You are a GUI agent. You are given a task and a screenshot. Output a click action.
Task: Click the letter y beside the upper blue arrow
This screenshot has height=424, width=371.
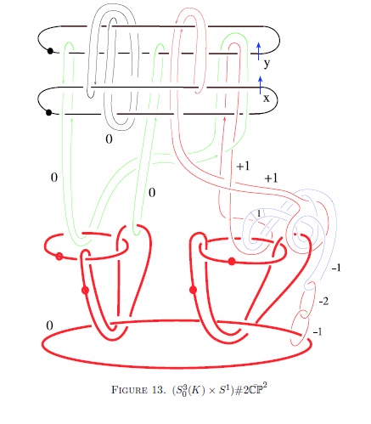pyautogui.click(x=267, y=64)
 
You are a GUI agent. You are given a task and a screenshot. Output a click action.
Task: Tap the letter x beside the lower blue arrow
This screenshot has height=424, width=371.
pyautogui.click(x=267, y=99)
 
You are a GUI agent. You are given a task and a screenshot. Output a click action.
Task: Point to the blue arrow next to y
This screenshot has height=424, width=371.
pyautogui.click(x=258, y=51)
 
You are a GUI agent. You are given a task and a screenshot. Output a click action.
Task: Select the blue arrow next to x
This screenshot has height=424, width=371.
pyautogui.click(x=261, y=85)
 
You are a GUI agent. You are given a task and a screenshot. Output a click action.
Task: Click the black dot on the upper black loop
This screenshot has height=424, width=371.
pyautogui.click(x=50, y=51)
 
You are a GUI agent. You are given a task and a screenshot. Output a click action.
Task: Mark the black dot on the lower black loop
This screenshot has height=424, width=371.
pyautogui.click(x=48, y=112)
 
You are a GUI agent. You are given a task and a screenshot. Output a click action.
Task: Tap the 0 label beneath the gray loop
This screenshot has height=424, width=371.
pyautogui.click(x=109, y=139)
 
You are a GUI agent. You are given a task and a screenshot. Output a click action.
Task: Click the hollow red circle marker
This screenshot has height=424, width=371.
pyautogui.click(x=59, y=257)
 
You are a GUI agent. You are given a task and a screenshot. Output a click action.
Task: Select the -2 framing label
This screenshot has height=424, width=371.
pyautogui.click(x=323, y=302)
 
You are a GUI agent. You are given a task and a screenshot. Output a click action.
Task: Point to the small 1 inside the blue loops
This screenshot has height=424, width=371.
pyautogui.click(x=259, y=213)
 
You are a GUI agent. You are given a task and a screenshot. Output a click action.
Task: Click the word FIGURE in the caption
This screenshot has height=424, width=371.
pyautogui.click(x=129, y=390)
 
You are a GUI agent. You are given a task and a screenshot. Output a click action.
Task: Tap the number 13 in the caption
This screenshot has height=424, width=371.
pyautogui.click(x=158, y=390)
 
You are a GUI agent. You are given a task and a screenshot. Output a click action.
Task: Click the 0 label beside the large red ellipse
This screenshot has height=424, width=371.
pyautogui.click(x=49, y=325)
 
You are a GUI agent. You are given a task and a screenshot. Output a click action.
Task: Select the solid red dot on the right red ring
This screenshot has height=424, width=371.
pyautogui.click(x=232, y=262)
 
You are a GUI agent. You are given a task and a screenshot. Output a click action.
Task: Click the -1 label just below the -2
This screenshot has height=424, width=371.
pyautogui.click(x=318, y=331)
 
